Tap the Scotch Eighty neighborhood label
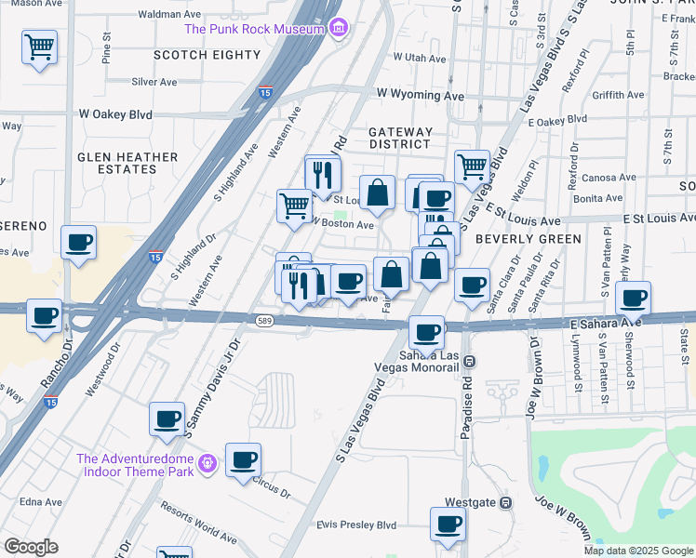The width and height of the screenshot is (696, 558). click(x=207, y=55)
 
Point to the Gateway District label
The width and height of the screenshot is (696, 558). click(x=399, y=138)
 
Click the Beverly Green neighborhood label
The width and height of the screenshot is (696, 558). click(x=528, y=239)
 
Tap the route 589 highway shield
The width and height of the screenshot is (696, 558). click(x=263, y=321)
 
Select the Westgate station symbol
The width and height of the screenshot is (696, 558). click(x=505, y=502)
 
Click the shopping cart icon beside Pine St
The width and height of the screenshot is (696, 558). click(x=39, y=46)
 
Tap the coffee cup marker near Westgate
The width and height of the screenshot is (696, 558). click(x=448, y=524)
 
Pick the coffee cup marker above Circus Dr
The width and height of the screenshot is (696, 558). click(x=244, y=459)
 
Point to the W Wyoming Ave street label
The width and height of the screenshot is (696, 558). click(x=420, y=96)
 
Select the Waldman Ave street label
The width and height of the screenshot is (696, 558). click(x=169, y=15)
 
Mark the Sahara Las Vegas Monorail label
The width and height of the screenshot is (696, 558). click(x=430, y=361)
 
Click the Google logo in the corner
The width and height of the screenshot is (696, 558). click(x=31, y=547)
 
